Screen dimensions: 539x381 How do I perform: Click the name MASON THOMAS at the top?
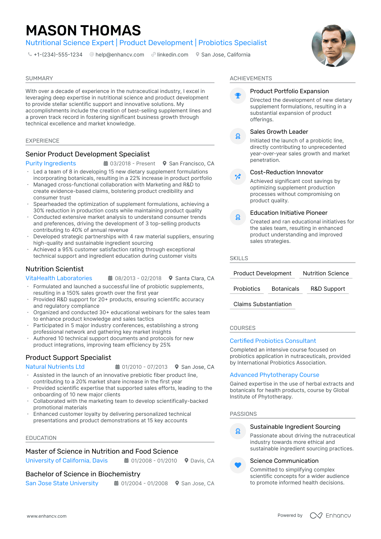83,30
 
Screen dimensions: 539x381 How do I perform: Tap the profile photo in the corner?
333,46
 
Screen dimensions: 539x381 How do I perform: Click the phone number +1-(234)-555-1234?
58,55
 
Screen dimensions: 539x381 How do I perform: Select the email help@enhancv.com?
120,55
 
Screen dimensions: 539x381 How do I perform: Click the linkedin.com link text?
172,55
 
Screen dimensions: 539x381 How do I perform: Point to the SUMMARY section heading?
39,78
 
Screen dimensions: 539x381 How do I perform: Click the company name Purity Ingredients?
51,163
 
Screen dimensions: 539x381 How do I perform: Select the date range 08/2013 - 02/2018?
138,278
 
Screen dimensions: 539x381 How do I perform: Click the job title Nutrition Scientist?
55,269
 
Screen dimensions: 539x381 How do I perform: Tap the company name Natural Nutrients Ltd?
55,367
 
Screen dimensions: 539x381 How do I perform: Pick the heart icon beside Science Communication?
238,465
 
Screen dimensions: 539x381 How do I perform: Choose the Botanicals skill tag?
285,289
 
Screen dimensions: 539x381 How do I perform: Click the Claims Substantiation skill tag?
262,304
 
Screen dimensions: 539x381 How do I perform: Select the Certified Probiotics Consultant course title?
273,341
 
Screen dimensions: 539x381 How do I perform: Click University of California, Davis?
66,461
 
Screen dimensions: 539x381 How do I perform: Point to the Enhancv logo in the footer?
330,515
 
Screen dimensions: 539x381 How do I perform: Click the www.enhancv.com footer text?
46,516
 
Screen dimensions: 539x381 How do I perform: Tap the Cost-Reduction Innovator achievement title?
286,172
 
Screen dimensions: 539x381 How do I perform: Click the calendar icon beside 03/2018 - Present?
106,163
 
